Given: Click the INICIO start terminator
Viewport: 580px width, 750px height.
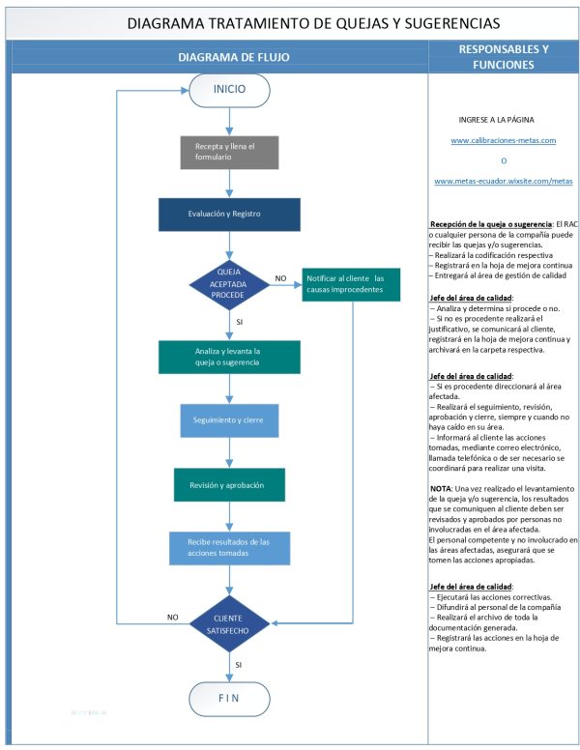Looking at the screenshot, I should coord(229,91).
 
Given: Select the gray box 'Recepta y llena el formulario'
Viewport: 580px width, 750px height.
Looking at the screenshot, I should coord(230,152).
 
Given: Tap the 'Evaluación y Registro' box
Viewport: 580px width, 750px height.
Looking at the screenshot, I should coord(229,214).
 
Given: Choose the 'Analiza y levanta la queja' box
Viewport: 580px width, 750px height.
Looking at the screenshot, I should coord(229,356).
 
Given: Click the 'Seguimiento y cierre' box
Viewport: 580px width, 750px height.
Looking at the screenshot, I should coord(229,421).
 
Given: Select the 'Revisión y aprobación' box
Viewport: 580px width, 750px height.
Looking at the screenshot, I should coord(229,485).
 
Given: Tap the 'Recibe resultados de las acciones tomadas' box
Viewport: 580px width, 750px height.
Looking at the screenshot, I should coord(229,547).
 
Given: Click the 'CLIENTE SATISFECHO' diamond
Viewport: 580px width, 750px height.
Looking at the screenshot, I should coord(229,624).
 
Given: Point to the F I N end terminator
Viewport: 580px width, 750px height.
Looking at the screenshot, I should coord(229,698).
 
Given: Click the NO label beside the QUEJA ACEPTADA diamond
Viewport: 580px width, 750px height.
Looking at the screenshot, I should coord(280,278).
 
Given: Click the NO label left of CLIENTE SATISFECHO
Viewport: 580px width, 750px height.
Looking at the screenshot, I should coord(172,617).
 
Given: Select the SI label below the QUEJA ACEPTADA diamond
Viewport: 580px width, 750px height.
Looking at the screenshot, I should coord(239,321).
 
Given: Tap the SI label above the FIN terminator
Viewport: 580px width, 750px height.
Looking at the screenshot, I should coord(239,665).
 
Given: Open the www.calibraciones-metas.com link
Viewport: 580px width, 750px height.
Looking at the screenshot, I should coord(503,141).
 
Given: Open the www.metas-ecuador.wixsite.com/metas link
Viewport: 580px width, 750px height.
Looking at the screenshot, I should coord(503,181).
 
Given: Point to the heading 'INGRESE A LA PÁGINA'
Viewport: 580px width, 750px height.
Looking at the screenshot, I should coord(503,119).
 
